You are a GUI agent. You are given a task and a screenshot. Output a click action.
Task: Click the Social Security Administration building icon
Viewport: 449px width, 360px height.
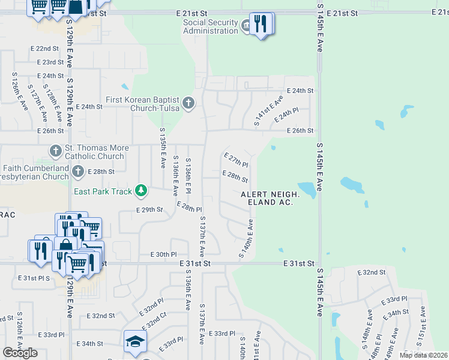(246, 26)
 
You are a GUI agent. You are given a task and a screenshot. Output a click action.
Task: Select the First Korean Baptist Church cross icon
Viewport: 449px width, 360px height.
(188, 103)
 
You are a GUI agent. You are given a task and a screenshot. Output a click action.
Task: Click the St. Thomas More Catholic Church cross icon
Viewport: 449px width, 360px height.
(56, 151)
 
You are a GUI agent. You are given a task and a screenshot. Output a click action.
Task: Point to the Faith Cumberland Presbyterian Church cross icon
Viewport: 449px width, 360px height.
(77, 172)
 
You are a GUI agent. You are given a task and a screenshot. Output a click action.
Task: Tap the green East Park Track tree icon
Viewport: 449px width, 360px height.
(141, 191)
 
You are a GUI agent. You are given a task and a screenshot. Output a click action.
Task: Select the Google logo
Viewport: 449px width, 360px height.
(20, 353)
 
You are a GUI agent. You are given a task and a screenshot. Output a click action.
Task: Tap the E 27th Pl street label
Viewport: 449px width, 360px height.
(236, 160)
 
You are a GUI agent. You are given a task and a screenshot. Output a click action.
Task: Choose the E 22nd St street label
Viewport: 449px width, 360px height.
(48, 49)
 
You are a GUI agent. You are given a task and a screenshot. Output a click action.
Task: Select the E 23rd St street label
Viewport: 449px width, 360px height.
(50, 62)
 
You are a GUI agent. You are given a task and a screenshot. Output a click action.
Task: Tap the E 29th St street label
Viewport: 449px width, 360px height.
(150, 209)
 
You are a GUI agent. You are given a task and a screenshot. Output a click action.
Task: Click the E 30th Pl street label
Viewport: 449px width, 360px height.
(163, 255)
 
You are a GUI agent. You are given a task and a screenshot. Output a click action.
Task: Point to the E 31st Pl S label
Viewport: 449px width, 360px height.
(35, 278)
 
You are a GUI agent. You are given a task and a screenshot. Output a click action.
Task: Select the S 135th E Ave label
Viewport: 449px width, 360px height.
(162, 148)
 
